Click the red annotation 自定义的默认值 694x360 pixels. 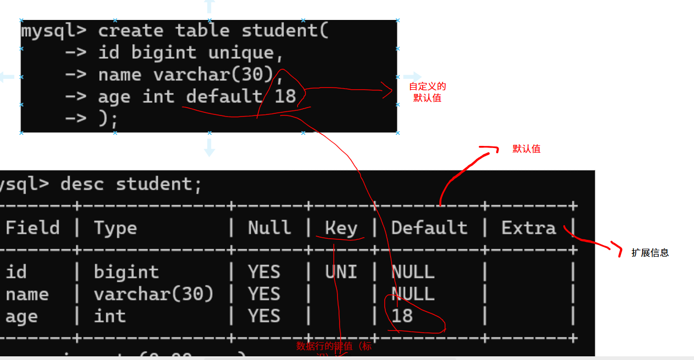pos(427,92)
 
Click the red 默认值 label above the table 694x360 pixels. pos(526,149)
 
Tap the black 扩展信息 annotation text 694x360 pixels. pos(650,252)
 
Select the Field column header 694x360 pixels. pos(33,228)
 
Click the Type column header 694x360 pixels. pos(115,228)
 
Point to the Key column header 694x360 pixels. pos(341,228)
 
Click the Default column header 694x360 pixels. pos(429,228)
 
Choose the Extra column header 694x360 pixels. pos(528,228)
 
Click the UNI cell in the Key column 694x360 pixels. pos(341,272)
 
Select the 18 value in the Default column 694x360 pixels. pos(402,316)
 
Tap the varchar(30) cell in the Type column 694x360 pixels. pos(153,294)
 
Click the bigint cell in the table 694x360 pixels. pos(126,272)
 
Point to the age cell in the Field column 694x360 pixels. pos(22,317)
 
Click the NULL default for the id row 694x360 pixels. pos(413,272)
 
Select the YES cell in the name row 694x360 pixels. pos(264,294)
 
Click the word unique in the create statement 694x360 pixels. pos(240,52)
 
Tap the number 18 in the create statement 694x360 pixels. pos(285,97)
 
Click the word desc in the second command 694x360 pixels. pos(82,184)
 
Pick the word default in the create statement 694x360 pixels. pos(224,97)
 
